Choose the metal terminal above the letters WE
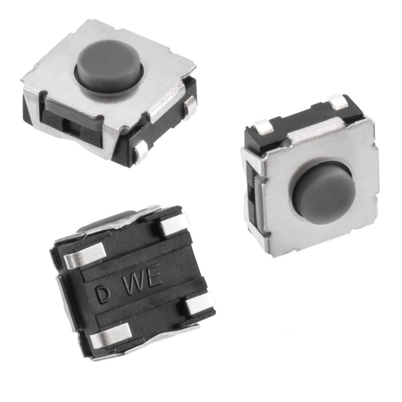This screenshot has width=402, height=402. pyautogui.click(x=173, y=224)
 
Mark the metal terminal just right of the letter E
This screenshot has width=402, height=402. pyautogui.click(x=198, y=304)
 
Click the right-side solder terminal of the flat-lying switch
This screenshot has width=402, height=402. pyautogui.click(x=190, y=107)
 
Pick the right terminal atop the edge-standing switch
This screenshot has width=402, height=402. pyautogui.click(x=338, y=103)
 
